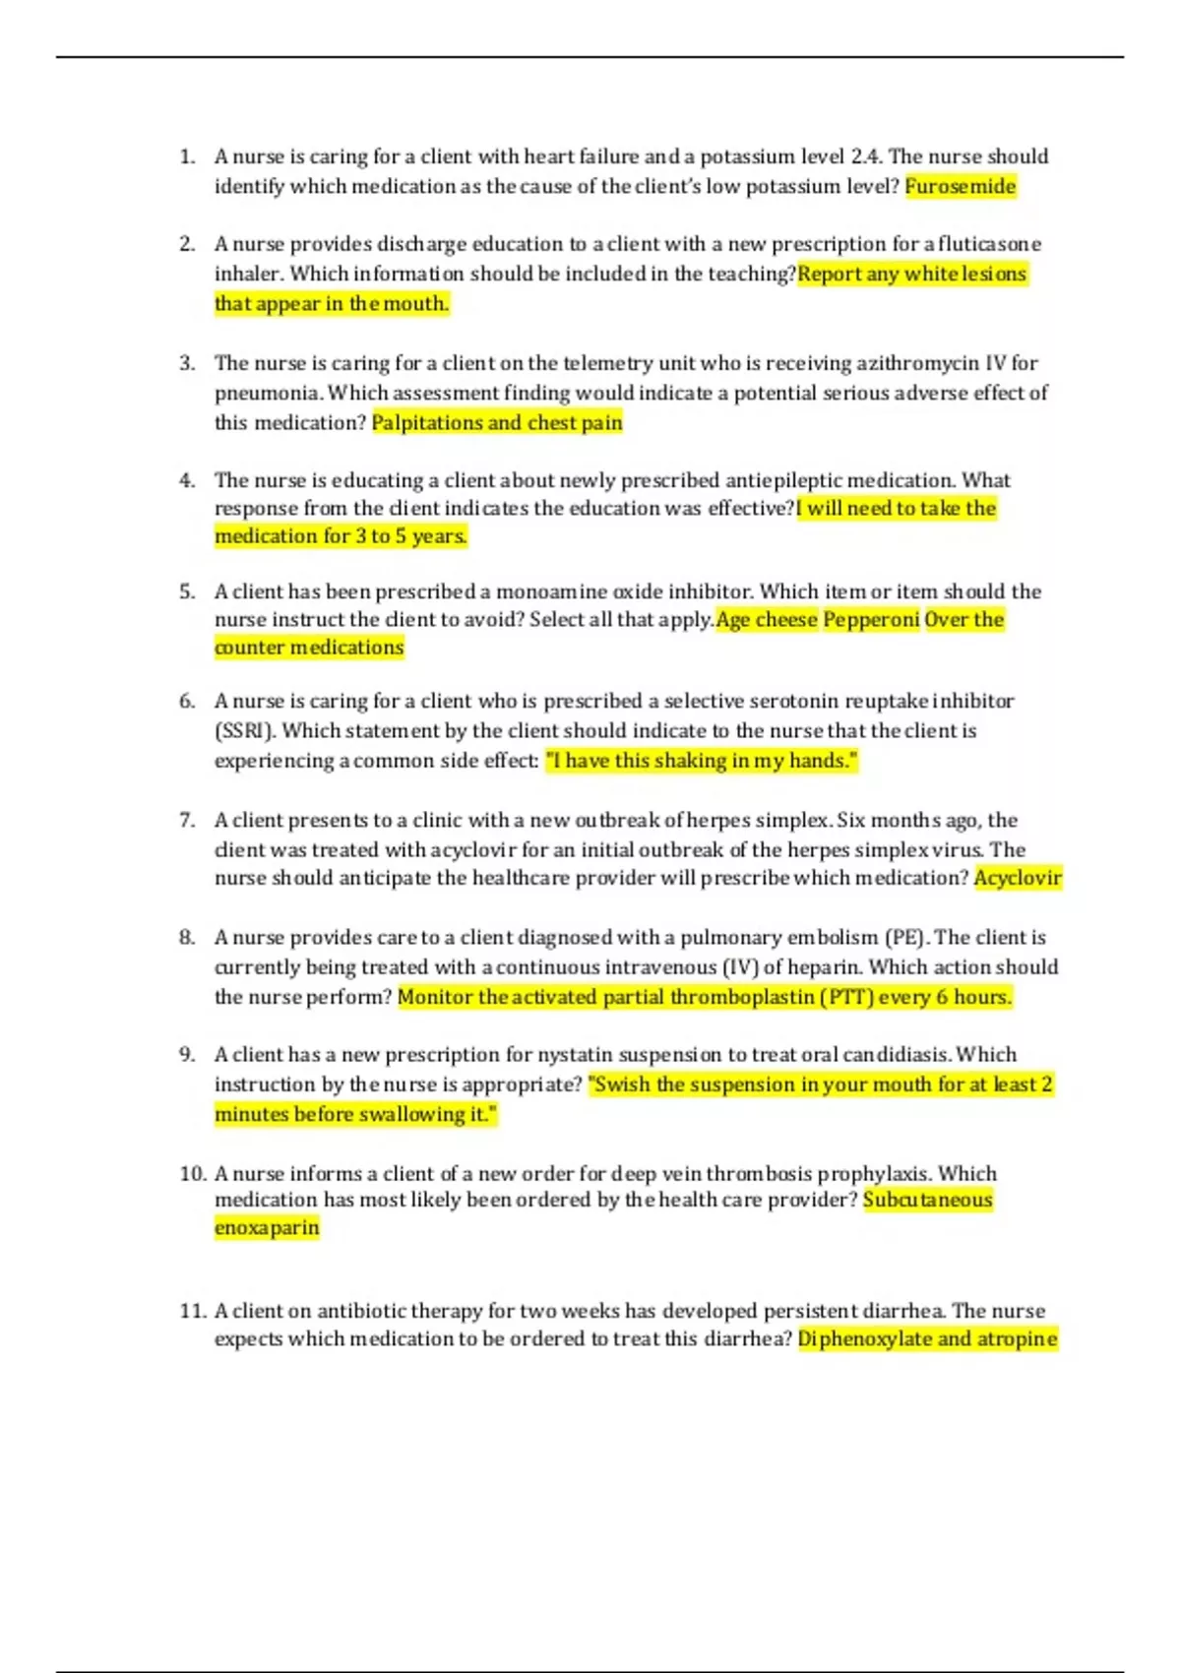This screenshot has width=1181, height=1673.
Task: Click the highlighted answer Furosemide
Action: coord(960,186)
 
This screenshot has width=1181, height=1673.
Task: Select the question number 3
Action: coord(187,363)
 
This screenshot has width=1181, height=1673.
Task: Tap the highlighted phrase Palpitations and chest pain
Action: coord(497,423)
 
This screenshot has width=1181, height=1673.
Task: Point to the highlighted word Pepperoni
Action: coord(871,620)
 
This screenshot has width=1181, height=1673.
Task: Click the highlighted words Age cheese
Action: coord(767,620)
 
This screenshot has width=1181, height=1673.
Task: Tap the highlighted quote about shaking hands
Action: coord(701,761)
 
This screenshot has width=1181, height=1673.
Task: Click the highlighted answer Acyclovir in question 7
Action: coord(1018,878)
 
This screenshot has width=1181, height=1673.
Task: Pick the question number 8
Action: coord(187,937)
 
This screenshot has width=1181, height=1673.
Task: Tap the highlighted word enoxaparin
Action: coord(267,1228)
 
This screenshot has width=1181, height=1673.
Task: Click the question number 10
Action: coord(192,1173)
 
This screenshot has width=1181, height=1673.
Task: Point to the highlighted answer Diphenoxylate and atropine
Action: coord(927,1339)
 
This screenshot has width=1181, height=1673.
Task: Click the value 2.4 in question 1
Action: coord(866,156)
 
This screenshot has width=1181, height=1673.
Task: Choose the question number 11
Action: coord(192,1311)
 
